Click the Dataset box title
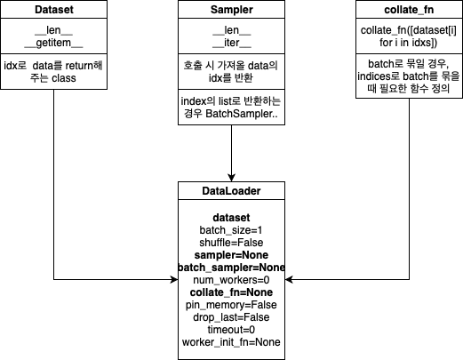click(x=53, y=10)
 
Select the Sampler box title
click(x=231, y=10)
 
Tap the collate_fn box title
click(x=409, y=10)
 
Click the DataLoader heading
click(x=231, y=191)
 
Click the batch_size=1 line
click(x=231, y=230)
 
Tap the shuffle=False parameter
click(x=231, y=243)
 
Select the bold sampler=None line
click(x=231, y=255)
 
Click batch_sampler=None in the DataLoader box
click(x=231, y=268)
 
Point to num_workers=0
click(x=231, y=280)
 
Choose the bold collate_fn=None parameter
click(x=231, y=292)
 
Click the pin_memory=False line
click(x=231, y=305)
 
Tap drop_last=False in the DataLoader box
click(x=231, y=317)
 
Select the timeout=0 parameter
click(x=231, y=330)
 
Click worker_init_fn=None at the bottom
click(x=231, y=342)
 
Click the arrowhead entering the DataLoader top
click(x=231, y=176)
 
